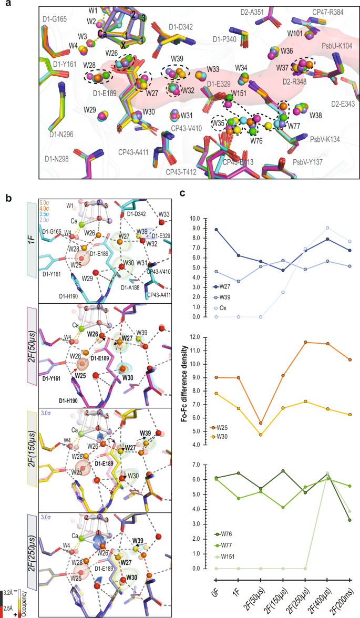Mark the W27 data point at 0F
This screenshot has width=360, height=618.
click(x=216, y=230)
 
